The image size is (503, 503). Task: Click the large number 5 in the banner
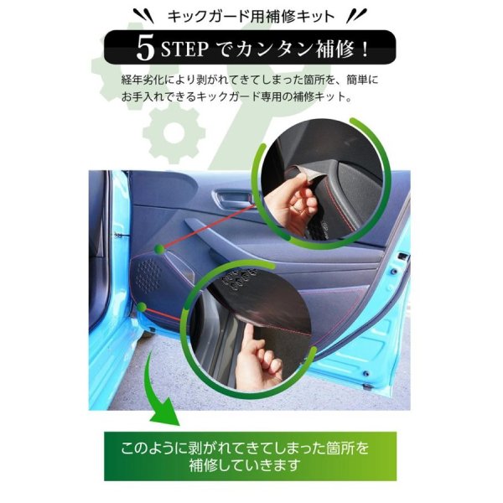(145, 48)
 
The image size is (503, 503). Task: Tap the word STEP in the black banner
(184, 49)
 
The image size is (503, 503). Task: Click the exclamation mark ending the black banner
(365, 49)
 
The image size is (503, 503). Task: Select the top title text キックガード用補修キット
(251, 16)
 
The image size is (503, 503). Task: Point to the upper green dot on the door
(159, 249)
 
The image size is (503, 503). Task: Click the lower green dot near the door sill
(142, 308)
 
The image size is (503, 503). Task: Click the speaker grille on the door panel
(148, 274)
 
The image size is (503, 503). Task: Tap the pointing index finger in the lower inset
(250, 337)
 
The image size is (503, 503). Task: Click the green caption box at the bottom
(250, 456)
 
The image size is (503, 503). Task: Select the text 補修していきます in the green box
(244, 465)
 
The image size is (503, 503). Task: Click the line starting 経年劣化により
(250, 80)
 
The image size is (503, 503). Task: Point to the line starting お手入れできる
(236, 96)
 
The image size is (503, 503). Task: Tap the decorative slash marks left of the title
(143, 16)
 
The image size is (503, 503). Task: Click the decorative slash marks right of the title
(357, 16)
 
